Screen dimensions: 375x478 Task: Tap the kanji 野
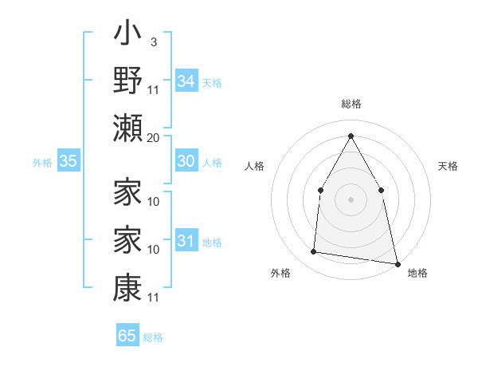(127, 82)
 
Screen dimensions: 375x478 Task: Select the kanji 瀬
(127, 128)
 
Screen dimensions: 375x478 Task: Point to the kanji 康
(127, 286)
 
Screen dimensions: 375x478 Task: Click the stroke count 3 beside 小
(153, 42)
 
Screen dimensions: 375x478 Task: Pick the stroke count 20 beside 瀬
(153, 137)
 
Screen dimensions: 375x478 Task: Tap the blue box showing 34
(186, 81)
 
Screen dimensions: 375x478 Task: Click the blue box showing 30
(186, 161)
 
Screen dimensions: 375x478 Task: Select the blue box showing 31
(186, 241)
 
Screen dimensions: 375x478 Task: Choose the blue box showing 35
(68, 161)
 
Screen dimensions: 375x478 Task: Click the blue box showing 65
(127, 336)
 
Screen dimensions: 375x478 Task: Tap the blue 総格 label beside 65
(153, 337)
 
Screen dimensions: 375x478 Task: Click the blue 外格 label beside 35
(42, 163)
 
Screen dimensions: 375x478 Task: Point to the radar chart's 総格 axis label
(351, 104)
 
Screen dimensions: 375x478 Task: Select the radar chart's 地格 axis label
(417, 273)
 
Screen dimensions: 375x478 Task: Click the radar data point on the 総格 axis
(351, 135)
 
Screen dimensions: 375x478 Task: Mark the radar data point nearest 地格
(397, 263)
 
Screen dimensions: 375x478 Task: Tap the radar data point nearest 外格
(314, 252)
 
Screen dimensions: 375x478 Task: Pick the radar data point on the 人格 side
(320, 190)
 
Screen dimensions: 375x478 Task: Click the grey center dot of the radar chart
(351, 199)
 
